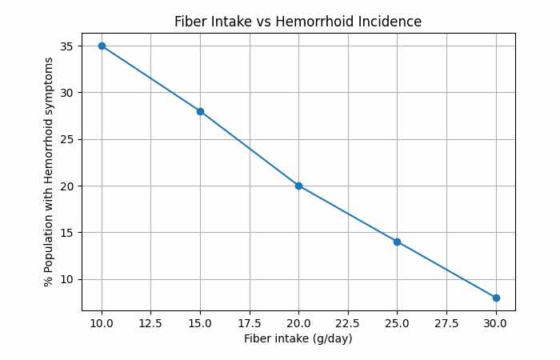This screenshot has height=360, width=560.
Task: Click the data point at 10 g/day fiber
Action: (x=102, y=46)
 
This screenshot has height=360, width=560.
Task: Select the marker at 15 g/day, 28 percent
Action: (x=200, y=111)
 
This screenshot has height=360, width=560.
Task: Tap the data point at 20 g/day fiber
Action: (x=298, y=186)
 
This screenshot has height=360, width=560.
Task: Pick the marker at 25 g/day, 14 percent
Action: (x=397, y=242)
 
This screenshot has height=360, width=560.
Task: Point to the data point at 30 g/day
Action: (x=496, y=298)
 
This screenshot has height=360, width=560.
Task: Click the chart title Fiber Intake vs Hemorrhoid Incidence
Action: (x=298, y=22)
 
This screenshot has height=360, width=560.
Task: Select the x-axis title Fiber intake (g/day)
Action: (x=298, y=338)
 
